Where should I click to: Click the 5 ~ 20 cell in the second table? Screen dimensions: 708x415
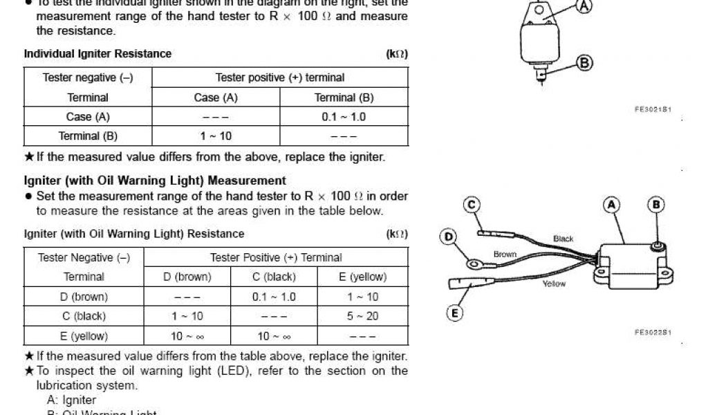point(362,316)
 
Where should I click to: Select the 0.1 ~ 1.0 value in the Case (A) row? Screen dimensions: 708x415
point(344,117)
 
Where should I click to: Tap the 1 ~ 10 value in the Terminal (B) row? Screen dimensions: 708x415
point(216,136)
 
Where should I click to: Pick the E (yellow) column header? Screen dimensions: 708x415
point(362,277)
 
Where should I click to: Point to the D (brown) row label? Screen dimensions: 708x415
point(84,297)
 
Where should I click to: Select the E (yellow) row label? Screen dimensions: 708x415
point(84,336)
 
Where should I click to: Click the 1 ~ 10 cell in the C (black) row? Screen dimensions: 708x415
point(187,316)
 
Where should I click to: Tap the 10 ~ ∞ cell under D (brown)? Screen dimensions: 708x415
point(187,336)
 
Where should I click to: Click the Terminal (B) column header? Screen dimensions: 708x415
point(344,98)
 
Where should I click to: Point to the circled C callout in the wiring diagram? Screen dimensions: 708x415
point(472,205)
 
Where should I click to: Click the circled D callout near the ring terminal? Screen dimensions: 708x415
point(449,237)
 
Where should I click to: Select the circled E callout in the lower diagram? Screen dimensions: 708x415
point(454,313)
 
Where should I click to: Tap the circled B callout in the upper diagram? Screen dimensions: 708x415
point(584,63)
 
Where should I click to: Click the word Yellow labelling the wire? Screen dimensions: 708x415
point(554,284)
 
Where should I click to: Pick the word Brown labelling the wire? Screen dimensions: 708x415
point(505,255)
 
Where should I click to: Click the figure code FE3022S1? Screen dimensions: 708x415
point(653,332)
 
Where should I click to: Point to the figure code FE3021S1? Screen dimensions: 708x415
point(653,109)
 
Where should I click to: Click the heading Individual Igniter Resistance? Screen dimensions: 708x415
point(97,53)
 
